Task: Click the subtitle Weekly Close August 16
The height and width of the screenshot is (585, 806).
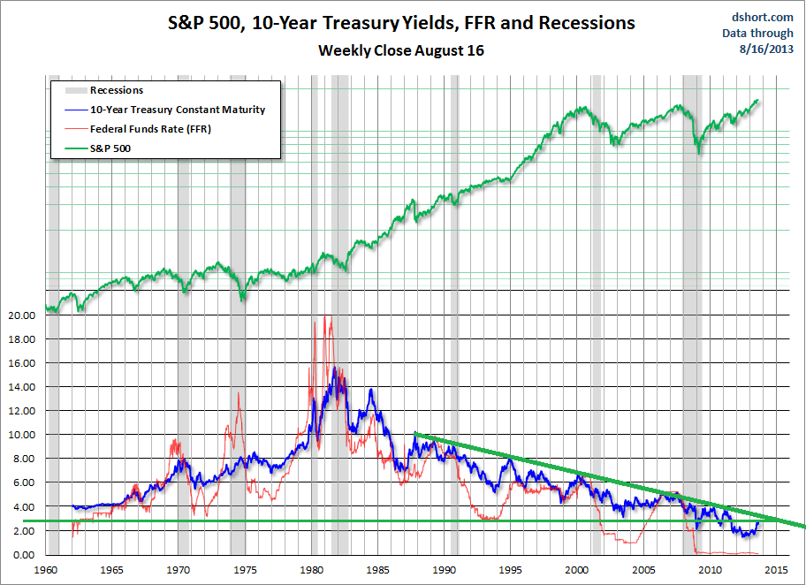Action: coord(401,50)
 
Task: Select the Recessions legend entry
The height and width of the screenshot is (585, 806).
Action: coord(116,90)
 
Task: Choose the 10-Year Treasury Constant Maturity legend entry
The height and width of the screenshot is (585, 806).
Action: coord(178,110)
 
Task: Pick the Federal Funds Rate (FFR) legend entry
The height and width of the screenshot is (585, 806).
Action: coord(150,129)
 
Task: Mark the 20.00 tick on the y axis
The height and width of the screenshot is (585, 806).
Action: coord(20,315)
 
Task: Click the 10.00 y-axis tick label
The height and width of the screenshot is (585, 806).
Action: coord(20,435)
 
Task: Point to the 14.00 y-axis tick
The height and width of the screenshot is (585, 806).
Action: coord(20,387)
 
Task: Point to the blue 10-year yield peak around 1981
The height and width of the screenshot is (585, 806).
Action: coord(334,368)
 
